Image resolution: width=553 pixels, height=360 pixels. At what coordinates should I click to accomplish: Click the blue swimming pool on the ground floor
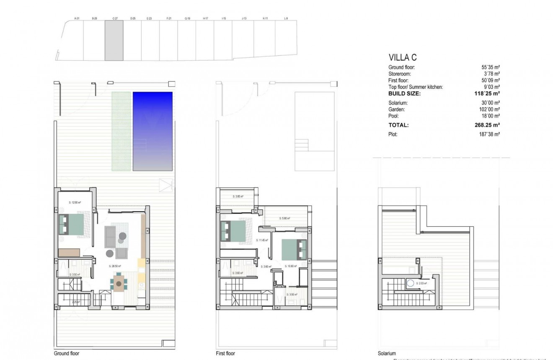pyautogui.click(x=152, y=131)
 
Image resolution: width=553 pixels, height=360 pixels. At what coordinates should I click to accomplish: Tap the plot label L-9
pyautogui.click(x=286, y=18)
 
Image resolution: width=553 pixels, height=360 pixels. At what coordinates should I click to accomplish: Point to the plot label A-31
pyautogui.click(x=77, y=18)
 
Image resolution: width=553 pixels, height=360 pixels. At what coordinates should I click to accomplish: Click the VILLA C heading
pyautogui.click(x=403, y=58)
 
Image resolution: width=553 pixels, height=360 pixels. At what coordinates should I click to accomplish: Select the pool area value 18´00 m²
pyautogui.click(x=491, y=116)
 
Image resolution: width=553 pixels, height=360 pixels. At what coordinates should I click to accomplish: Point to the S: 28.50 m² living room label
pyautogui.click(x=114, y=266)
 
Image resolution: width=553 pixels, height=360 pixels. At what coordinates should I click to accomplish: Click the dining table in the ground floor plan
pyautogui.click(x=119, y=284)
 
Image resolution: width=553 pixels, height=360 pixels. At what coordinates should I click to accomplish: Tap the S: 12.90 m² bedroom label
pyautogui.click(x=75, y=202)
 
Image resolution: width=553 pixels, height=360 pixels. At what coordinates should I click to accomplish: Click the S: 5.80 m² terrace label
pyautogui.click(x=284, y=218)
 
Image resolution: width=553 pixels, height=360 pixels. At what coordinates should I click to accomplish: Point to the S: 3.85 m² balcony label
pyautogui.click(x=238, y=197)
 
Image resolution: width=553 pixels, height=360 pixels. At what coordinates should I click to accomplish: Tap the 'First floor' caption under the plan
pyautogui.click(x=225, y=353)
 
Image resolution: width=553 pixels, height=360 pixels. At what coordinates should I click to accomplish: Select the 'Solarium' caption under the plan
pyautogui.click(x=386, y=353)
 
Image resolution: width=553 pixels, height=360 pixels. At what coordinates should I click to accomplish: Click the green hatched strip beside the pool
pyautogui.click(x=120, y=131)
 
